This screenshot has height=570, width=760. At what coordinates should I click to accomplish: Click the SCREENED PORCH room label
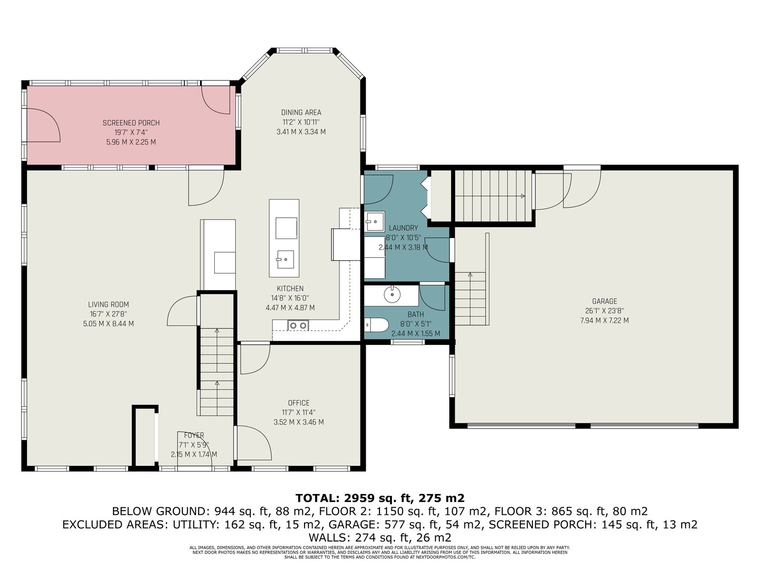coord(131,123)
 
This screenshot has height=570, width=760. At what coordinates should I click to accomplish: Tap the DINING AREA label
coord(301,113)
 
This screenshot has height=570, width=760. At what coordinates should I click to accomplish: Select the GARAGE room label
coord(604,301)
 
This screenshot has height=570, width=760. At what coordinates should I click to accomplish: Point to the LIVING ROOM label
coord(108,304)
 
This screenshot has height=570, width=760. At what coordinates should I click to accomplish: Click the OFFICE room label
coord(298,403)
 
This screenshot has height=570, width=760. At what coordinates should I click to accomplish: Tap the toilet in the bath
coord(375,325)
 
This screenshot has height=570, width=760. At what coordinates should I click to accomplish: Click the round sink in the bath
coord(392,294)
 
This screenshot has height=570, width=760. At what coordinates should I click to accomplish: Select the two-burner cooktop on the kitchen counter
coord(298,325)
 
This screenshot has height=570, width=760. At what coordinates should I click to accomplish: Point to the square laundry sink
coord(374,221)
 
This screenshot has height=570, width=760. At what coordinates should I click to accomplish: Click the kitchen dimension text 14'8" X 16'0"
coord(290,298)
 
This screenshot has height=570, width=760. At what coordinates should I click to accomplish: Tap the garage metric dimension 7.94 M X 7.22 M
coord(604,321)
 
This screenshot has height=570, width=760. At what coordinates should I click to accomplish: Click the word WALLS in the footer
coord(328,538)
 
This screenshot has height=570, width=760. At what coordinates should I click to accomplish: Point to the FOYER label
coord(194,435)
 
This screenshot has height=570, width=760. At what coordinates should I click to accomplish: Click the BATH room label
coord(416,314)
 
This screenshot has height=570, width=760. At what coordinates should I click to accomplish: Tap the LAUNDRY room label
coord(403,228)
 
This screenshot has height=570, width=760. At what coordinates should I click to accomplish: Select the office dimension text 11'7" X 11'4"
coord(298,412)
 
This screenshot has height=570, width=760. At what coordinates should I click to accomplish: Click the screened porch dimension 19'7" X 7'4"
coord(131,133)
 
